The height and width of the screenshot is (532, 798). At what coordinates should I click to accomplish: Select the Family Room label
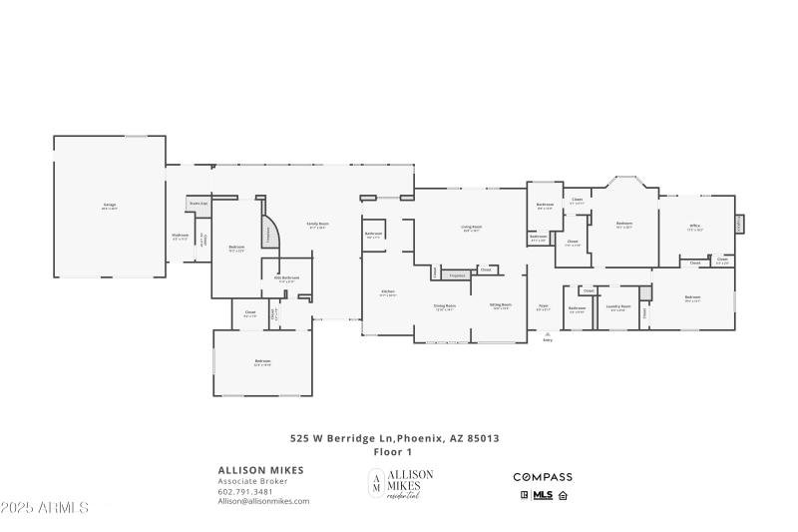(318, 225)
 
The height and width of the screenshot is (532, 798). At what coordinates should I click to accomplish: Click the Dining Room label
(444, 306)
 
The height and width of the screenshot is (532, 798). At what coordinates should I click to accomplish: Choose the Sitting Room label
(501, 306)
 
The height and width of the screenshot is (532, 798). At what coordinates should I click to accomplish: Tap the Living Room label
(472, 229)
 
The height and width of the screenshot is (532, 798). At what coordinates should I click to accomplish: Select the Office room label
(695, 228)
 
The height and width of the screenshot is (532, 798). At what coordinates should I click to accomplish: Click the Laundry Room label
(619, 308)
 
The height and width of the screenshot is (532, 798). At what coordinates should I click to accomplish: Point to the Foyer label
(544, 307)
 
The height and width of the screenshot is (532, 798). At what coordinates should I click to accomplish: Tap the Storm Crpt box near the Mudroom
(199, 203)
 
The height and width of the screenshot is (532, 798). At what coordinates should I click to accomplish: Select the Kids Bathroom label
(288, 279)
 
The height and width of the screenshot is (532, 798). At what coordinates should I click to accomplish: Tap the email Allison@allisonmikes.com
(263, 501)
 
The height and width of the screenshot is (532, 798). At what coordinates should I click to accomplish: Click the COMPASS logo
(543, 477)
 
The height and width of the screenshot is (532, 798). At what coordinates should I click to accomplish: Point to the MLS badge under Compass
(544, 494)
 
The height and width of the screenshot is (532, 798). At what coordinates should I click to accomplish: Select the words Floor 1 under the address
(393, 452)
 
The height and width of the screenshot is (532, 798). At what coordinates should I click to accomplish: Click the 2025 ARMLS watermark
(45, 508)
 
